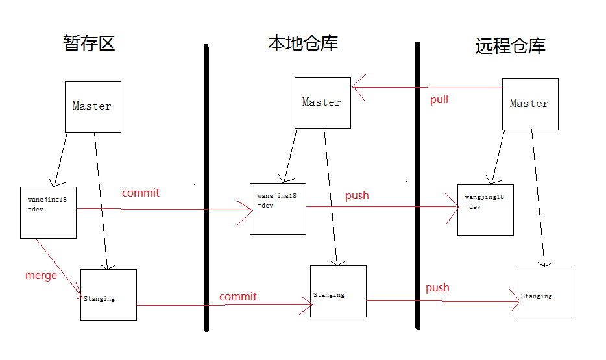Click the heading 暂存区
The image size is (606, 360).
click(89, 43)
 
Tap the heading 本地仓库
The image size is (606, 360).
click(303, 43)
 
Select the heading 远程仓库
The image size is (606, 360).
click(511, 45)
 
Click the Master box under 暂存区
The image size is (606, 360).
click(93, 107)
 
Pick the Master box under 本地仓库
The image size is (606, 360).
click(322, 103)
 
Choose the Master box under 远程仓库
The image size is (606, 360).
click(530, 104)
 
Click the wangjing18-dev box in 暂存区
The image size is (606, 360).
click(49, 211)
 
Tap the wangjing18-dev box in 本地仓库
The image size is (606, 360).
click(278, 208)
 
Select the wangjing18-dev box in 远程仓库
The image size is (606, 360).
click(485, 210)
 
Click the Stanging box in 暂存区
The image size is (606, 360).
click(108, 294)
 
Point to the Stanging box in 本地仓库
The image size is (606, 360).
click(338, 291)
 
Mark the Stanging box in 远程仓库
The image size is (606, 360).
click(546, 292)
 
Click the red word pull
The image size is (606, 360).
click(439, 100)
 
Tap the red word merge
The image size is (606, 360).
click(41, 275)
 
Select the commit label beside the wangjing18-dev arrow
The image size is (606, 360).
click(141, 193)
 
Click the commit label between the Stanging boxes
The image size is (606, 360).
click(238, 296)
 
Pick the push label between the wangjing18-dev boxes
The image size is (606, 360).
click(357, 195)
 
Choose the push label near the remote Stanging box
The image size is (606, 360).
click(437, 287)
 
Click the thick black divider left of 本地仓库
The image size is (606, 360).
click(206, 188)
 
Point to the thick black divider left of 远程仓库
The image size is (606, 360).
click(418, 188)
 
